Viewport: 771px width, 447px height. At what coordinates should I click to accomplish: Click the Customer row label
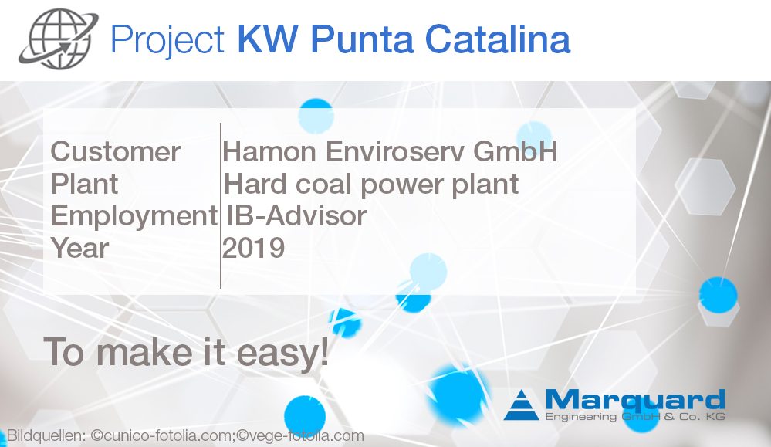tap(115, 151)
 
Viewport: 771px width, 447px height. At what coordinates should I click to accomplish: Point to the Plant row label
tap(85, 185)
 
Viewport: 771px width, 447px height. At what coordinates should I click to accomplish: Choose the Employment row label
tap(134, 217)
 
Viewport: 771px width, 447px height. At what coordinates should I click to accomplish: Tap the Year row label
tap(80, 249)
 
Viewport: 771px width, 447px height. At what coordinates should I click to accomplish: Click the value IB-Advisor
tap(296, 216)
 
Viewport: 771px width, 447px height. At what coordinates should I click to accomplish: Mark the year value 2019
tap(254, 249)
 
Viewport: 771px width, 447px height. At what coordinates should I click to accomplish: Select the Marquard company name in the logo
tap(634, 400)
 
